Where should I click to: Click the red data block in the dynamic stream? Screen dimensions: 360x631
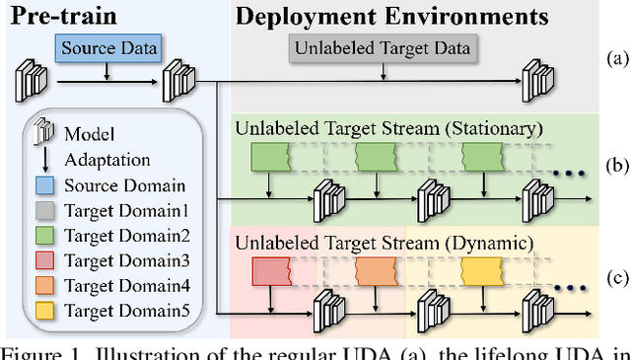click(269, 270)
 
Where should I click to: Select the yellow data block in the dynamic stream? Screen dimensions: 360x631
click(480, 270)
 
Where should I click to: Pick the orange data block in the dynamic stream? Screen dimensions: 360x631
click(375, 270)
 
